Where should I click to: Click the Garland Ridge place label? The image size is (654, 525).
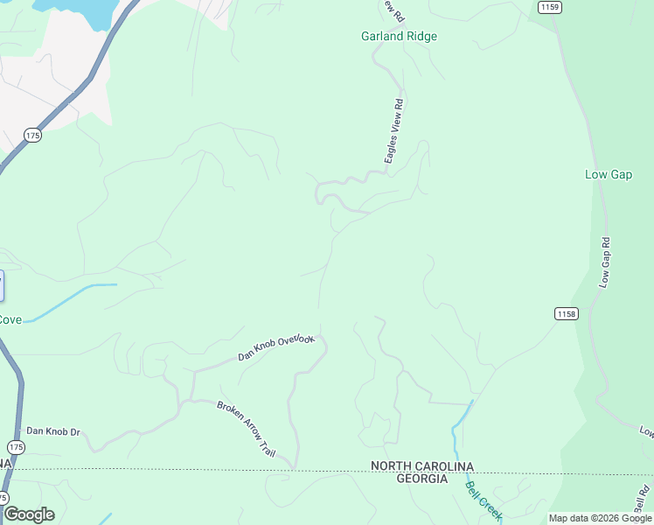pos(399,37)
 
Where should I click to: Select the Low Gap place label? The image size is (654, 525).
pos(608,175)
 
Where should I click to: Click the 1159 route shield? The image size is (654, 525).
pos(550,7)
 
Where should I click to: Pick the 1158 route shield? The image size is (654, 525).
pos(566,313)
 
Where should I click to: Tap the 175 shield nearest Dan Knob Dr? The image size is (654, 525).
pos(16,447)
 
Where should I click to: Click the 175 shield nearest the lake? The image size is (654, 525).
pos(32,135)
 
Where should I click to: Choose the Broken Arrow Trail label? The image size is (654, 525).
pos(247,428)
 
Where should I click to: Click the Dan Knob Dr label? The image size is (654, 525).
pos(52,431)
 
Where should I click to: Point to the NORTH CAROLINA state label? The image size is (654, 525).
pos(421,465)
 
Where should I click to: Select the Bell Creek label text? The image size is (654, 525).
pos(483,500)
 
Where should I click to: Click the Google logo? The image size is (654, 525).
pos(29,514)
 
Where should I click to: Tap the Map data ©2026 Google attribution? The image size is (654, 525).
pos(600,518)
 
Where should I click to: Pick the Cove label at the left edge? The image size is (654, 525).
pos(10,320)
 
